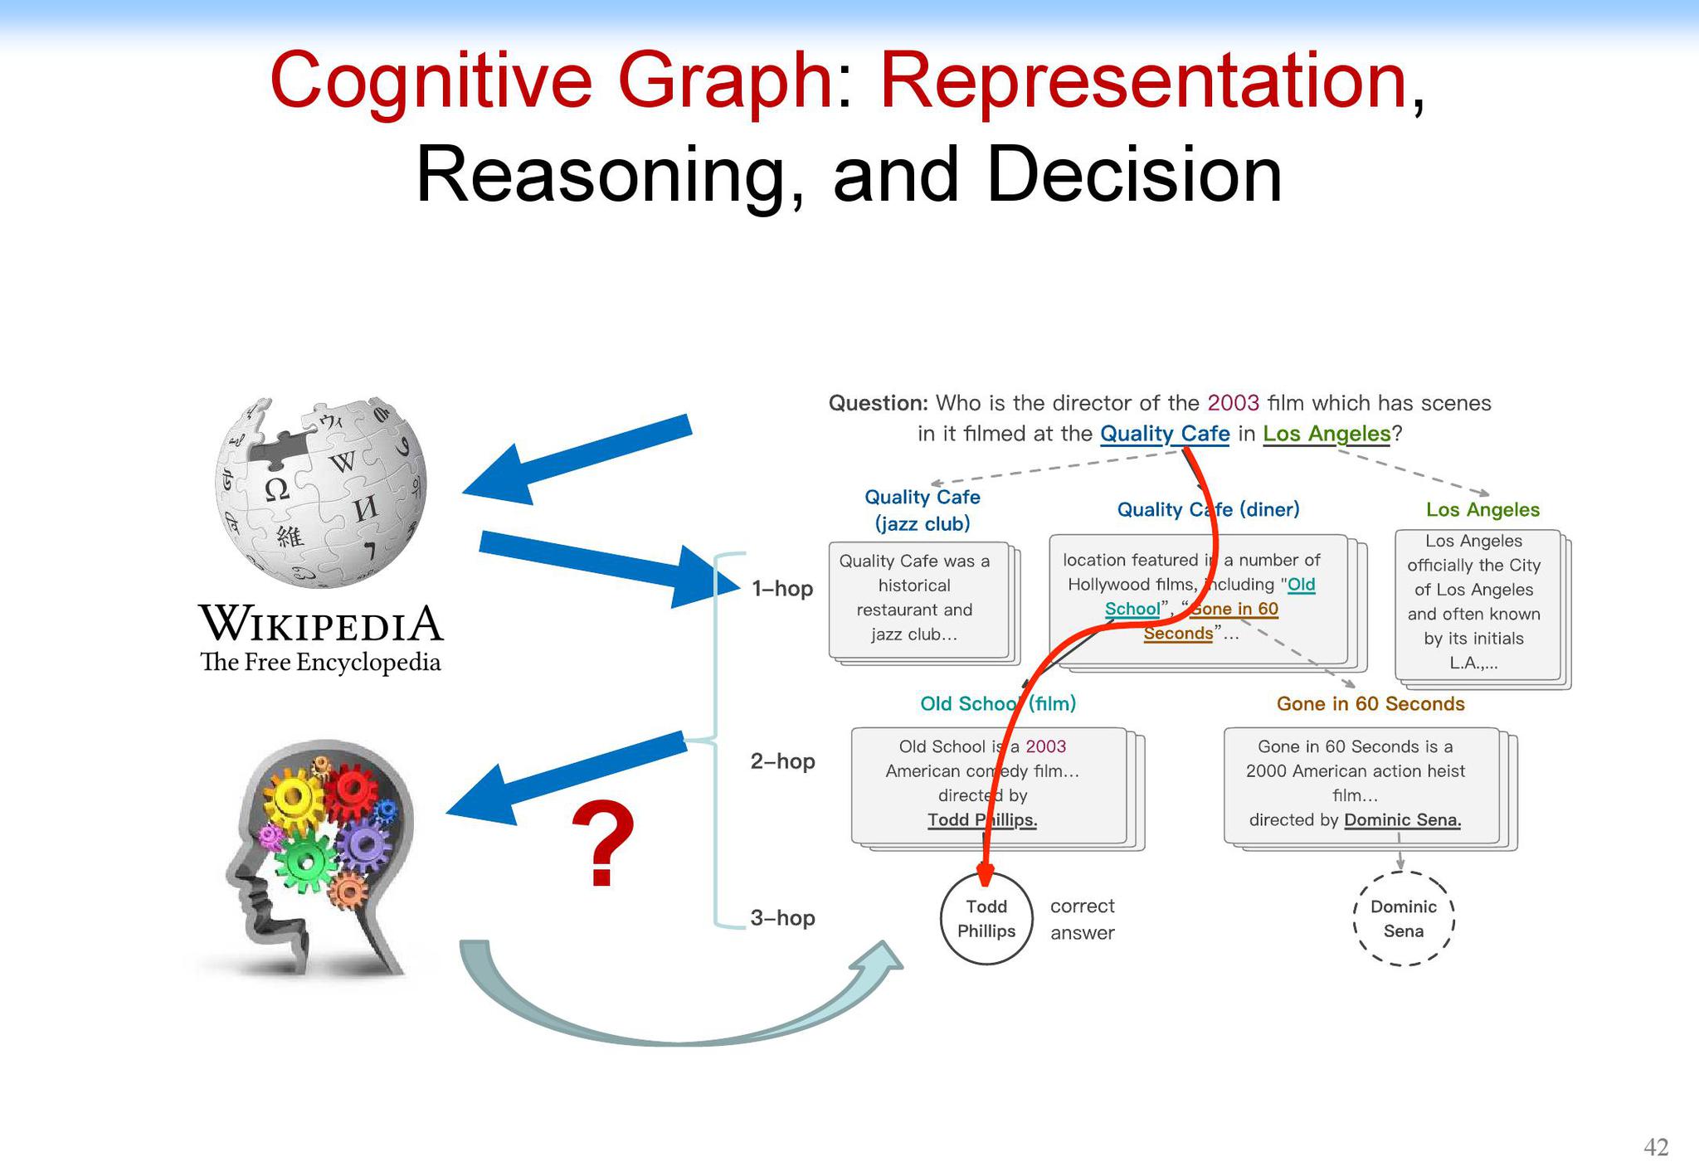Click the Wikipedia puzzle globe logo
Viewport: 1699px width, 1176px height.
click(320, 493)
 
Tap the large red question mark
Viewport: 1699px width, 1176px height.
click(604, 844)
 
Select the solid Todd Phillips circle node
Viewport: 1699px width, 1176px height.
click(986, 919)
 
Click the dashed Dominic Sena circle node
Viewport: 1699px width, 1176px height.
click(1404, 919)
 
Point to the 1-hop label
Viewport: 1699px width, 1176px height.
click(782, 589)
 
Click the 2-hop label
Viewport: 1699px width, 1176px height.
click(782, 761)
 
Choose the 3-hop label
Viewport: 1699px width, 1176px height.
click(782, 918)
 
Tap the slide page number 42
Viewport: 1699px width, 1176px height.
click(1656, 1147)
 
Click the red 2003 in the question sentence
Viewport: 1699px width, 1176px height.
click(1234, 403)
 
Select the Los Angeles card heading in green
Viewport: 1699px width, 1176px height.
click(1483, 510)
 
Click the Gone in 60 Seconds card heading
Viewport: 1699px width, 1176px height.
click(1370, 704)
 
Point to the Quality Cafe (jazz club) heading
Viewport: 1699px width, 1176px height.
click(923, 510)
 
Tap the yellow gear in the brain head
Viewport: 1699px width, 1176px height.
click(293, 799)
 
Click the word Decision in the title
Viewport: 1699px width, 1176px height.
click(1134, 174)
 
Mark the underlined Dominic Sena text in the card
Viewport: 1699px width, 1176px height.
click(1403, 820)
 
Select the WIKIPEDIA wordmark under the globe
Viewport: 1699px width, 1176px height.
click(321, 623)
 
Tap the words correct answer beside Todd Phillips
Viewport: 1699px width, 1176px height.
click(1083, 920)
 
